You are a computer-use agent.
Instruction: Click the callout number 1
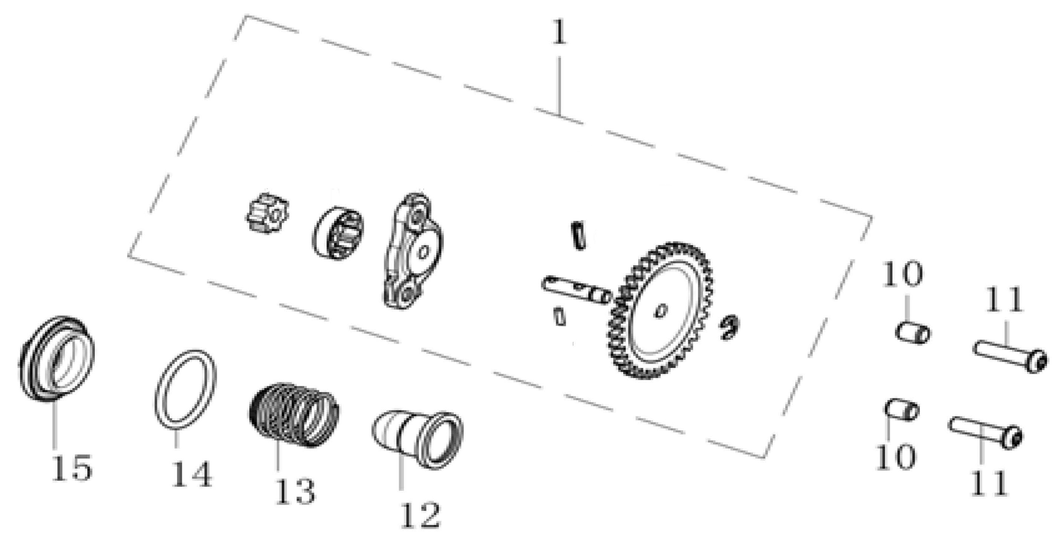559,32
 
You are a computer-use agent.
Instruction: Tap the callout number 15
72,467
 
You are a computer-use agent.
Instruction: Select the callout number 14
191,474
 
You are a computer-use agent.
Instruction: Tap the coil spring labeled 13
294,415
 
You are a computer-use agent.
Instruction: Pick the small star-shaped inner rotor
269,213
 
